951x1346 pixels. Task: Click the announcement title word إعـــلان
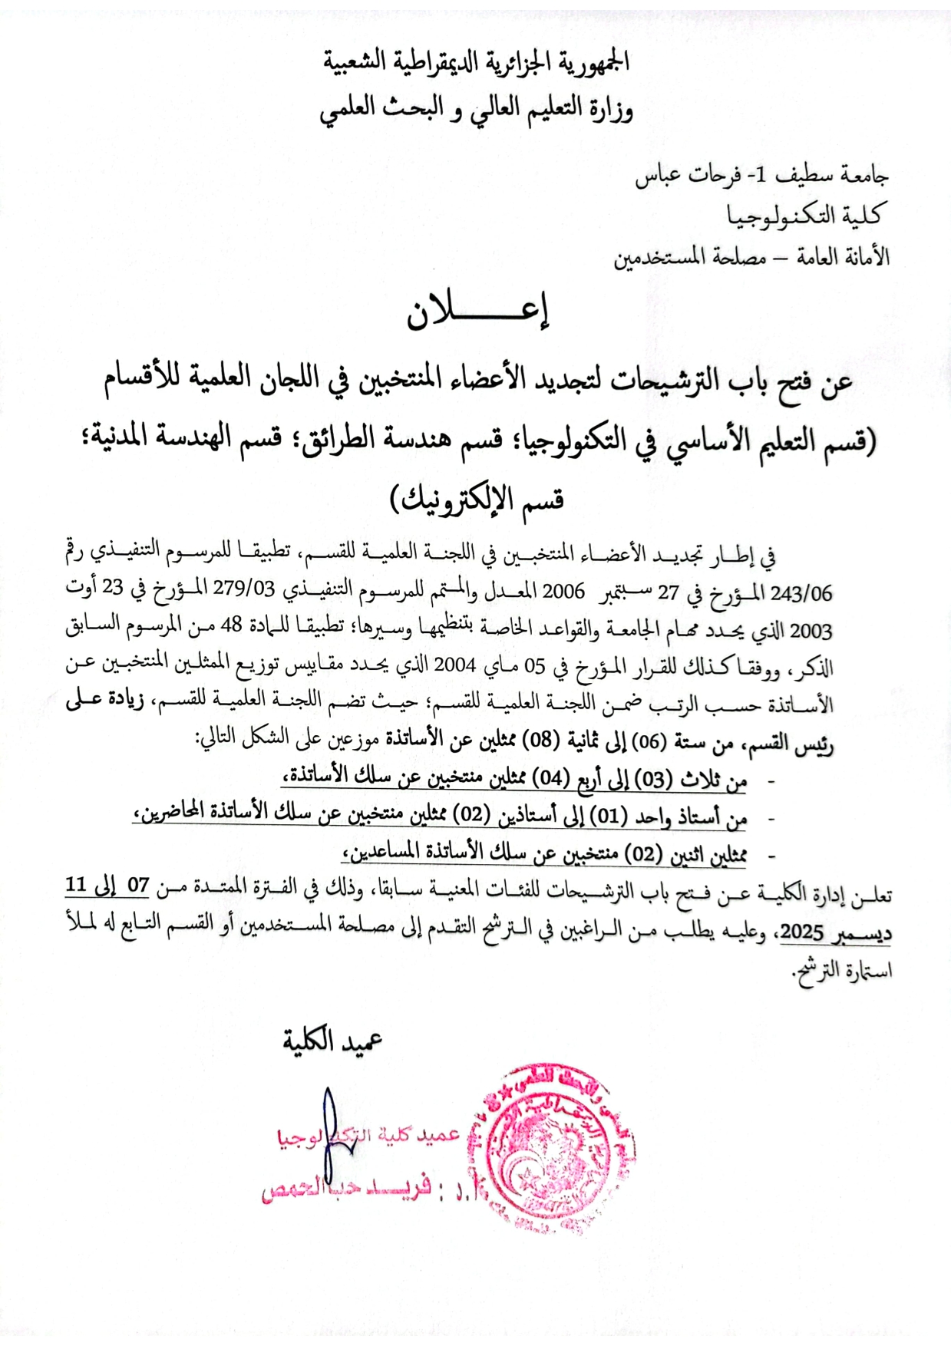[x=477, y=312]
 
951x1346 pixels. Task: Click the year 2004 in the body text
[x=455, y=665]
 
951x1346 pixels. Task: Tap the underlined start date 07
[x=138, y=885]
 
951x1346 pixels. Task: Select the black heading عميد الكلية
[x=332, y=1041]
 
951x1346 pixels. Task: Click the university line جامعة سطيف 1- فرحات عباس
[x=761, y=176]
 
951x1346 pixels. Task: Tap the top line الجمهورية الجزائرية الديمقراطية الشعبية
[x=476, y=61]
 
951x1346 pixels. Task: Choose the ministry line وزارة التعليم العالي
[x=476, y=110]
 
